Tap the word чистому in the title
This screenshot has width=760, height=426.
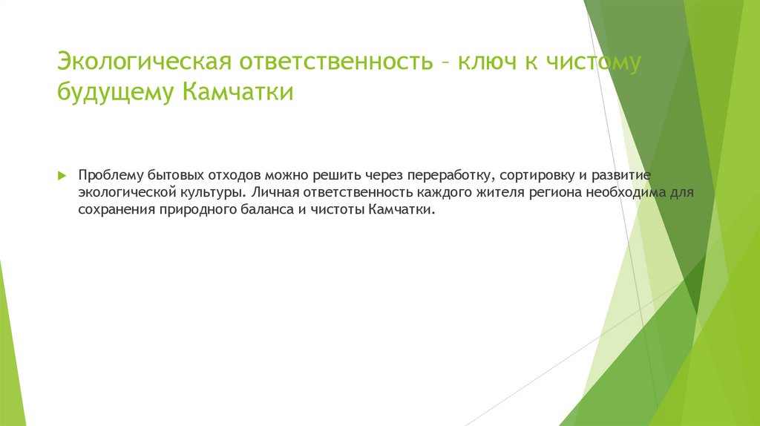[x=593, y=62]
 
